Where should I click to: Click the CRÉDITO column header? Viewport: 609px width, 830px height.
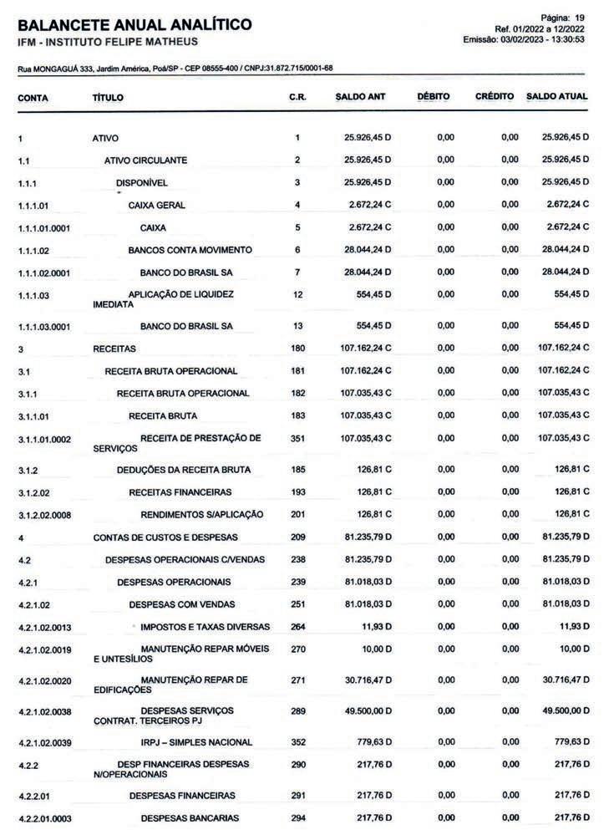point(494,97)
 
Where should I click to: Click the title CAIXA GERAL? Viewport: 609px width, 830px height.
point(157,205)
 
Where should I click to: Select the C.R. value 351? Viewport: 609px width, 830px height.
point(297,438)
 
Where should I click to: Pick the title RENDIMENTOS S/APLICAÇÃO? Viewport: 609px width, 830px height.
point(201,514)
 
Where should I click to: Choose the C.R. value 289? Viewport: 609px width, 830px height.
point(297,710)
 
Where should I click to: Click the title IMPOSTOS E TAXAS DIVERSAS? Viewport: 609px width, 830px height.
point(205,627)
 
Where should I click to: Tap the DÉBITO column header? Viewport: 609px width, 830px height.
point(433,97)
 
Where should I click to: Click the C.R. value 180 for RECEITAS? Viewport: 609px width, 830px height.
point(297,348)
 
